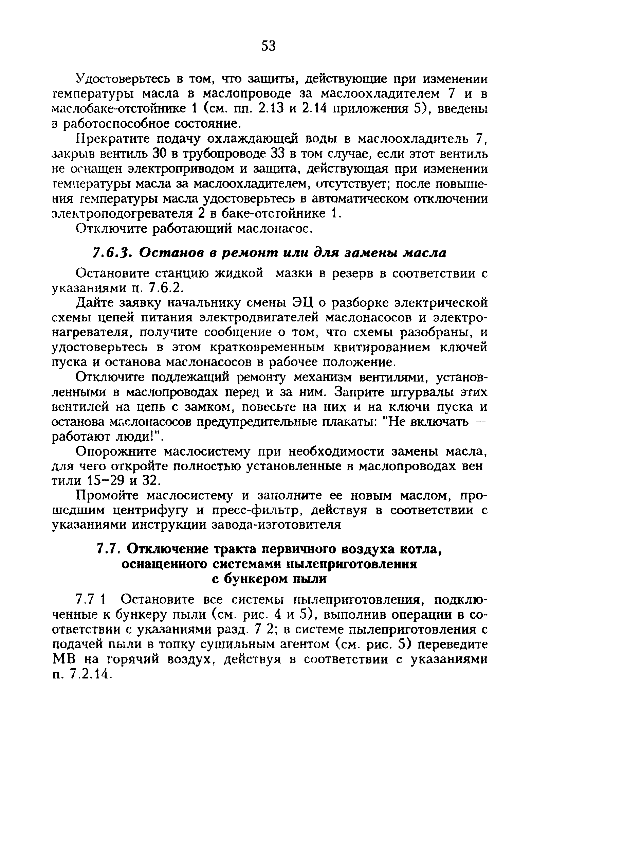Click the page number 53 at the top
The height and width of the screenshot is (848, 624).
tap(269, 46)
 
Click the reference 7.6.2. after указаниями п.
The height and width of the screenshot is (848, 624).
tap(166, 288)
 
